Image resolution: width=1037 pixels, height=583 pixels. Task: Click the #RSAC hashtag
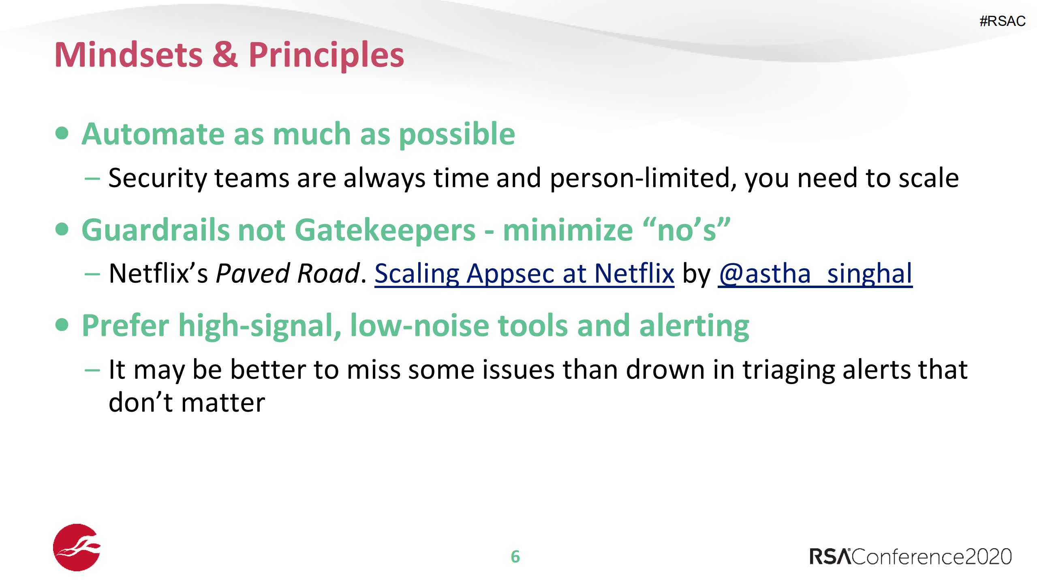[x=1002, y=21]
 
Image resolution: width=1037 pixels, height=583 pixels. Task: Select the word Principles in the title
[x=326, y=56]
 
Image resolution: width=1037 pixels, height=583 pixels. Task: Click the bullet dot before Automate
[x=62, y=133]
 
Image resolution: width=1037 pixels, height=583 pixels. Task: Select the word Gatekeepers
[x=388, y=230]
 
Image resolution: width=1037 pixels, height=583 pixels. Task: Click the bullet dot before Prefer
[x=62, y=325]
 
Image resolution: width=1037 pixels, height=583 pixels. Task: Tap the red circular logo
[x=77, y=547]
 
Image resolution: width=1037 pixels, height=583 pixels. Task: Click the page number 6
[x=515, y=557]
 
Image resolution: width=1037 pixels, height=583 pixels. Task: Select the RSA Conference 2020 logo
[x=910, y=556]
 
